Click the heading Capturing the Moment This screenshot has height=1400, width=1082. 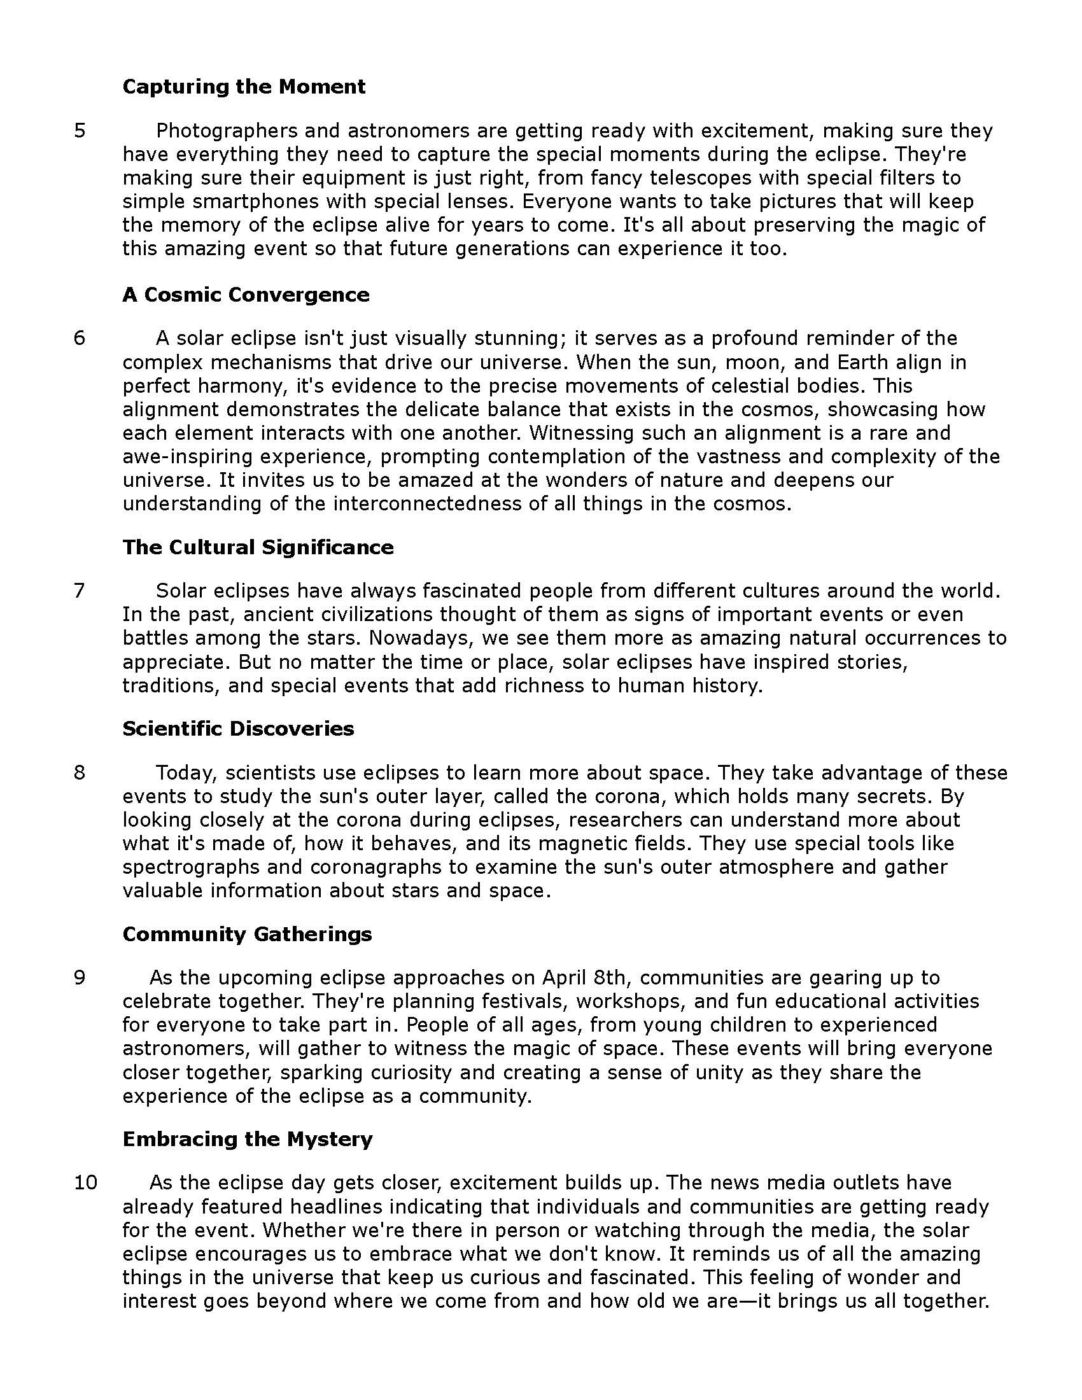(244, 87)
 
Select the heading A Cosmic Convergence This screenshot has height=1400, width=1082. (246, 294)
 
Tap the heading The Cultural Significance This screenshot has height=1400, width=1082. (258, 547)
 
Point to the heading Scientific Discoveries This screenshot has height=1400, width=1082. (238, 728)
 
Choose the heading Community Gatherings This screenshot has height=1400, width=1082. (247, 934)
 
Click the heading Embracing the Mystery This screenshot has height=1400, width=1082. (248, 1139)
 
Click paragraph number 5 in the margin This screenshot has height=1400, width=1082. (80, 130)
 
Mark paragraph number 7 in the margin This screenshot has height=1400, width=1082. (80, 591)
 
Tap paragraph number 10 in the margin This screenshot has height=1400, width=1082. (85, 1183)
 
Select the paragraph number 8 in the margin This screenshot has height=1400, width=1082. (80, 773)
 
